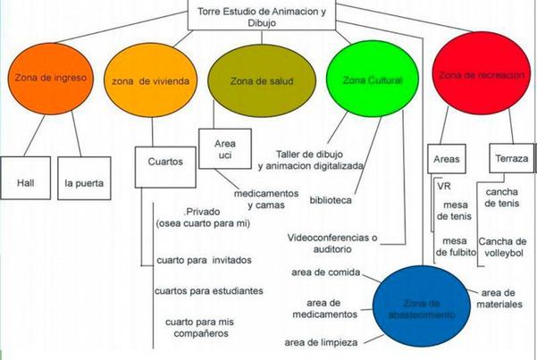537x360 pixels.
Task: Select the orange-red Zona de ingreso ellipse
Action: [x=49, y=80]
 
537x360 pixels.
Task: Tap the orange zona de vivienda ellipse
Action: [x=151, y=81]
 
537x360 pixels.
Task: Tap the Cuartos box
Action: [x=164, y=163]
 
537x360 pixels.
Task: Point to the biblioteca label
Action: [x=331, y=200]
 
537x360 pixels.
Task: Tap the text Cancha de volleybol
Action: [x=508, y=248]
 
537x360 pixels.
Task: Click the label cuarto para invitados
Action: [x=203, y=260]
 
